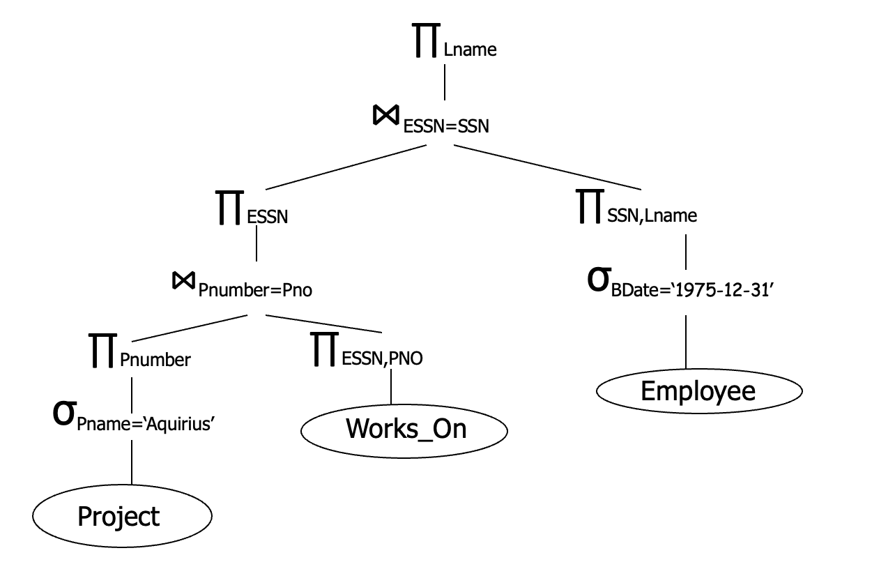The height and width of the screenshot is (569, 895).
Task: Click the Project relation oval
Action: pyautogui.click(x=121, y=517)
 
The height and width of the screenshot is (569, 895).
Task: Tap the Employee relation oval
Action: pyautogui.click(x=699, y=390)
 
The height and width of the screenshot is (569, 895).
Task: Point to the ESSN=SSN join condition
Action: pyautogui.click(x=446, y=127)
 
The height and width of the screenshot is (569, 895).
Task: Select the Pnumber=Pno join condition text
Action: pyautogui.click(x=255, y=291)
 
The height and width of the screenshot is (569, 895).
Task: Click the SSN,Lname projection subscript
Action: pyautogui.click(x=652, y=216)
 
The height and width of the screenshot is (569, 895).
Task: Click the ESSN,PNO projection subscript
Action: pyautogui.click(x=382, y=359)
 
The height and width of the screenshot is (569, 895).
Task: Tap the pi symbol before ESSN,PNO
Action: pyautogui.click(x=325, y=349)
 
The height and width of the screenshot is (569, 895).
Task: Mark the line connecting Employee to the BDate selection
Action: pyautogui.click(x=687, y=342)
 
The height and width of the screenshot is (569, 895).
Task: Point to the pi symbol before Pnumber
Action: pyautogui.click(x=103, y=350)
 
